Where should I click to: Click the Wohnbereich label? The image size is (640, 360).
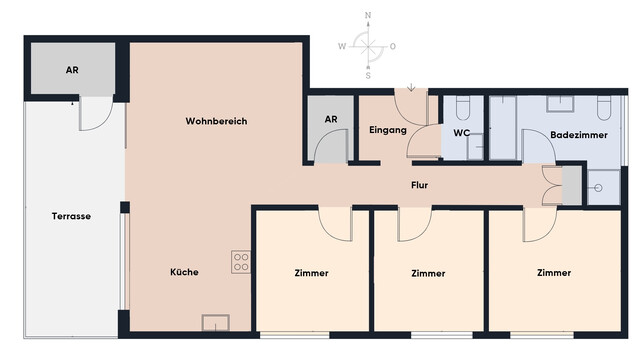pos(216,121)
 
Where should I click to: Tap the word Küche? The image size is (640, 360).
pos(183,271)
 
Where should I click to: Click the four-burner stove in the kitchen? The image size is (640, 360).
pos(241,262)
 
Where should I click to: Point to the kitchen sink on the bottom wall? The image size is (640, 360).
pos(215,322)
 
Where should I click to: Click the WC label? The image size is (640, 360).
pos(462,132)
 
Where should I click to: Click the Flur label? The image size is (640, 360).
pos(420,186)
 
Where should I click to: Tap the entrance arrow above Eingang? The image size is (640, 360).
pos(411,89)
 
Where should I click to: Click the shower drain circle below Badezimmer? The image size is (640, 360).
pos(598,187)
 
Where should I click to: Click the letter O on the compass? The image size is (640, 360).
pos(393,46)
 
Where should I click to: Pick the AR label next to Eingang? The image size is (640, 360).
pos(331,120)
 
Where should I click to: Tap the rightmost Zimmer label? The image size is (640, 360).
pos(553,272)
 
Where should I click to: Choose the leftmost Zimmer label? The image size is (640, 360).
pos(312,273)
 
